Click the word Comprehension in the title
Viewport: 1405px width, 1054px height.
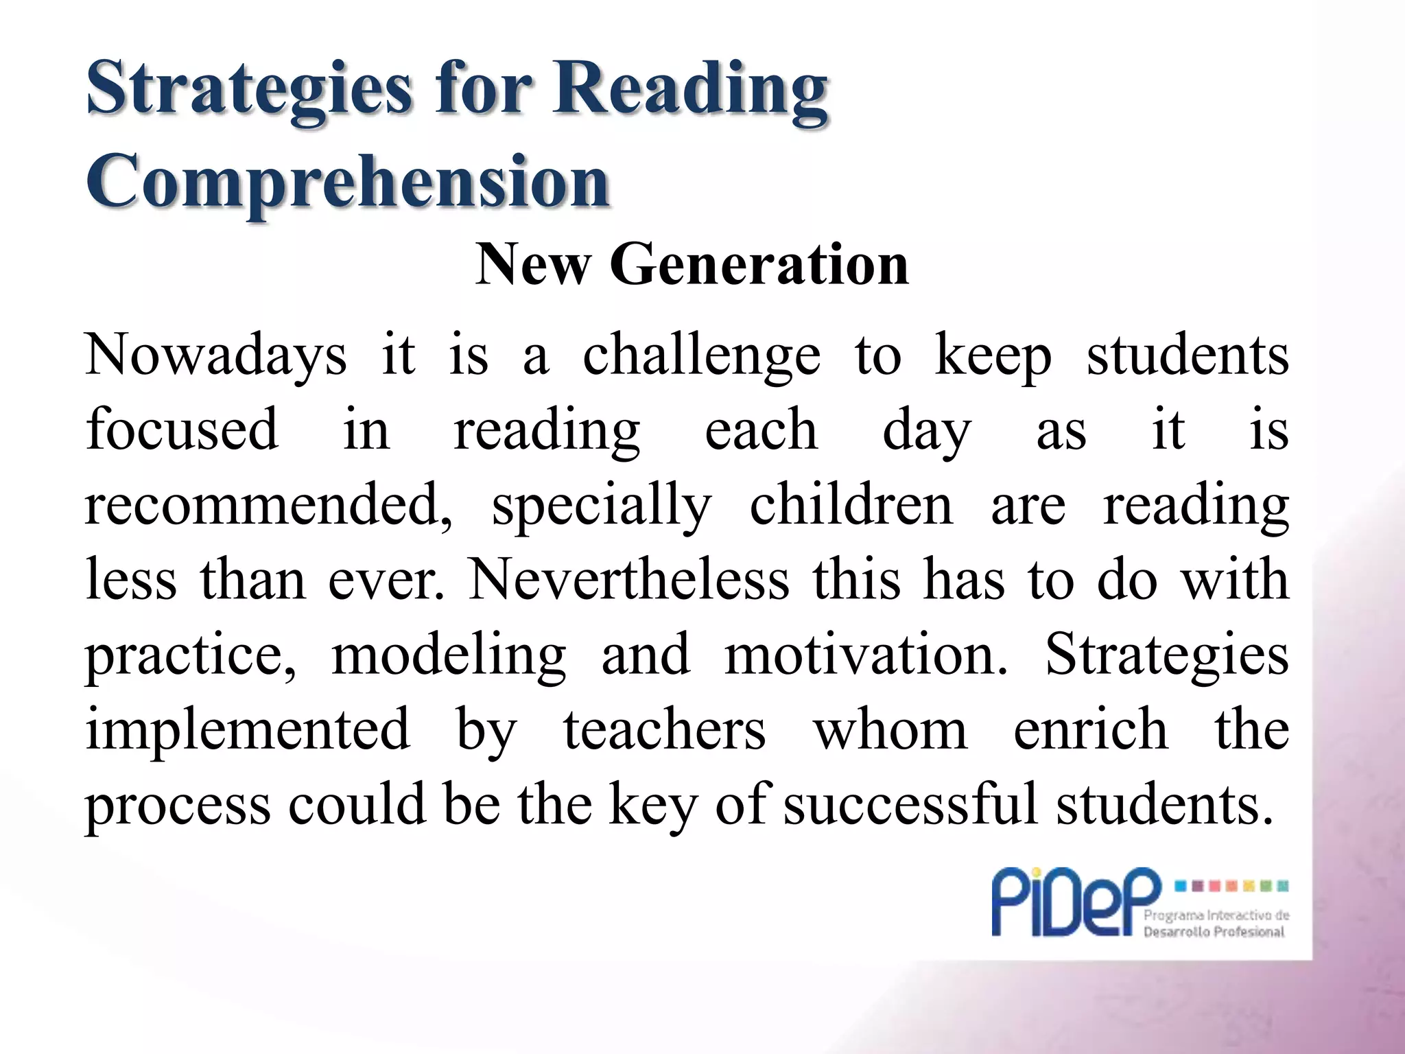(348, 182)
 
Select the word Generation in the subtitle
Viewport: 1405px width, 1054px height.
(759, 265)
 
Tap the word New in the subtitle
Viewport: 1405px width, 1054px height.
(532, 265)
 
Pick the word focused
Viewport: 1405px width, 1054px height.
(182, 430)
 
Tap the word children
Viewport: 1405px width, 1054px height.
(851, 505)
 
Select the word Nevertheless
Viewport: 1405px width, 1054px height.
(628, 580)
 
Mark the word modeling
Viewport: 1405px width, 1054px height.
(449, 656)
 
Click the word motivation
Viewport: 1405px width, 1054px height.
(866, 655)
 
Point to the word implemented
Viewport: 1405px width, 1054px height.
(248, 730)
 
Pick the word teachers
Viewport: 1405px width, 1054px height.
(664, 730)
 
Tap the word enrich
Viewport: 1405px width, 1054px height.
(1091, 730)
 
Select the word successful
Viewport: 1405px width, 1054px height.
(910, 804)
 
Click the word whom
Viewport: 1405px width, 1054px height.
(890, 730)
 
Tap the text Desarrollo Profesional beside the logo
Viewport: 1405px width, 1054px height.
(1214, 931)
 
